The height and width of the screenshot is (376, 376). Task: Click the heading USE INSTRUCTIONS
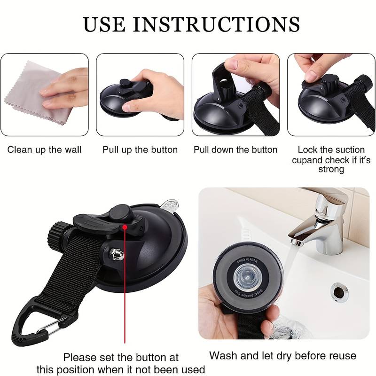pos(191,23)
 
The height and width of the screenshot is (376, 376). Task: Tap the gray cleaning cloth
pos(28,89)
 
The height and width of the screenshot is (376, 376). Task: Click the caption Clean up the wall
pos(44,150)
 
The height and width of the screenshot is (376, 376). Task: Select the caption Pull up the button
pos(140,150)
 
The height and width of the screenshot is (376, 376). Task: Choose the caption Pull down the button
pos(235,150)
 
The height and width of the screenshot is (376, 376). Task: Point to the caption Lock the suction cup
pos(331,150)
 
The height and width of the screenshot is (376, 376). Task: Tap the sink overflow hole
pos(339,290)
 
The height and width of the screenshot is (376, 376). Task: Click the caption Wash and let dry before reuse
pos(282,356)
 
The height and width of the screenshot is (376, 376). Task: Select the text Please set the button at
pos(121,357)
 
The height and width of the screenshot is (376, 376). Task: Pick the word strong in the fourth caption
pos(331,169)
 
